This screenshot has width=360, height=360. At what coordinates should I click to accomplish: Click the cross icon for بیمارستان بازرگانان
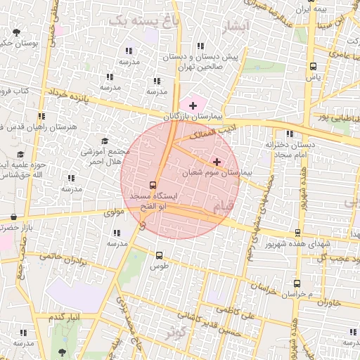[x=193, y=105]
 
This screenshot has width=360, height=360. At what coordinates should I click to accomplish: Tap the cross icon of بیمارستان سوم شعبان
[x=216, y=161]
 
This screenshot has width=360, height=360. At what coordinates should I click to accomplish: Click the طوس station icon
[x=159, y=256]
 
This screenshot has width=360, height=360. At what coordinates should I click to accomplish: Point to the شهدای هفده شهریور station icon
[x=297, y=233]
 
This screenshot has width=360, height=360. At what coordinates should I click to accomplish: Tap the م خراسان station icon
[x=296, y=284]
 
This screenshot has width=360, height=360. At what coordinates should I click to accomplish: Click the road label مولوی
[x=114, y=211]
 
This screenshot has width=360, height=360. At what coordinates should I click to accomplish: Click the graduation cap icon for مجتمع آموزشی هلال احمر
[x=105, y=141]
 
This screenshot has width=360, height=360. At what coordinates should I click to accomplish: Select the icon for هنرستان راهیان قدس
[x=41, y=116]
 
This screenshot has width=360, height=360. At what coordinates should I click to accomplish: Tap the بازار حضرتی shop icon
[x=15, y=217]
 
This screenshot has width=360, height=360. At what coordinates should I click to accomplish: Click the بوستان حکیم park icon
[x=17, y=32]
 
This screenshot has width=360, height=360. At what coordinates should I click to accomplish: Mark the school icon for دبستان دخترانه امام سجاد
[x=289, y=134]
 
